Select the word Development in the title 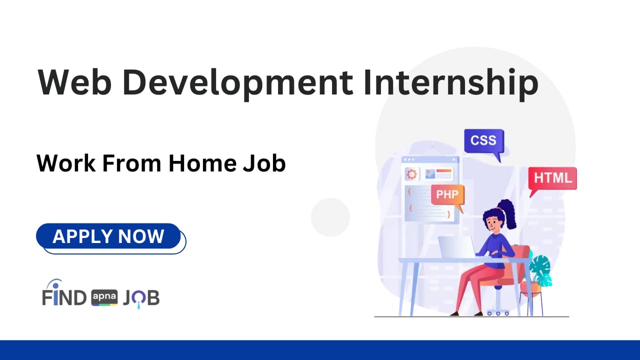(236, 83)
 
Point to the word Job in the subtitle (264, 163)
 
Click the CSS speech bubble (483, 141)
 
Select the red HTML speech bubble (552, 178)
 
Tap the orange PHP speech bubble (447, 195)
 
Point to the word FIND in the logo (64, 298)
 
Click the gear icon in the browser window (412, 174)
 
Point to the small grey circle (330, 217)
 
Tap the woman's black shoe (454, 313)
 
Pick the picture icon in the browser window (429, 174)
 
